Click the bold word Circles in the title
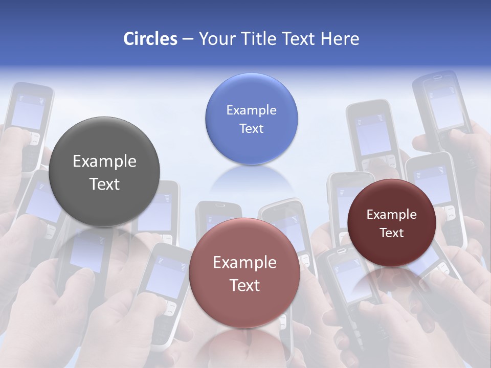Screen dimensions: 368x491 tap(150, 39)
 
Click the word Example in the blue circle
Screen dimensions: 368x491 tap(251, 110)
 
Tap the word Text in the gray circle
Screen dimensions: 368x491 tap(104, 184)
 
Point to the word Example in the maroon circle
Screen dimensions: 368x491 tap(392, 215)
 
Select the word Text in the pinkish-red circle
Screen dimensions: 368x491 tap(244, 285)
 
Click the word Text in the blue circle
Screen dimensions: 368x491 tap(251, 128)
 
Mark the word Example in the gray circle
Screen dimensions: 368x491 tap(104, 161)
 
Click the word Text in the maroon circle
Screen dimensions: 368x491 tap(392, 233)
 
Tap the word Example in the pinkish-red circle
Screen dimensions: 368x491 tap(244, 262)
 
